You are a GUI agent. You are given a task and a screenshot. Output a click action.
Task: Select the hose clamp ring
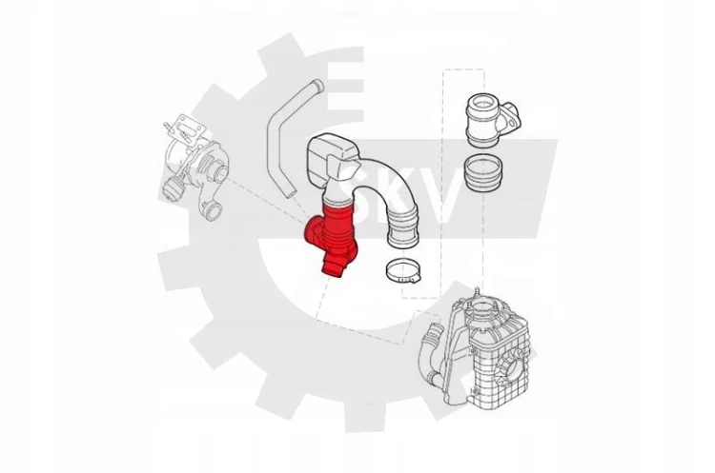click(x=403, y=270)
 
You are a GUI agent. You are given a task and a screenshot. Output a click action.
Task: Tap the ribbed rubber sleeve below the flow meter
click(x=483, y=174)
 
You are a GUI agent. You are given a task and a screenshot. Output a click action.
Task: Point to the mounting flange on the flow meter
click(x=510, y=117)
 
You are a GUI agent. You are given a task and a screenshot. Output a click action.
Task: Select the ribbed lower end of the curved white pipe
click(x=402, y=233)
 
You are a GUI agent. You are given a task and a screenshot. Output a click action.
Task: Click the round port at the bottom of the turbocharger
click(x=213, y=211)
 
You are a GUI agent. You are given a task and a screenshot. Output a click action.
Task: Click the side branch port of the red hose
click(x=312, y=231)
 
